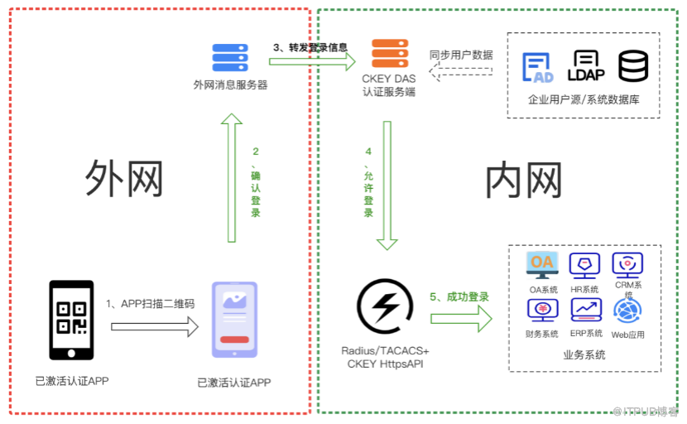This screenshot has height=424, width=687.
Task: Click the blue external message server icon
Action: tap(230, 58)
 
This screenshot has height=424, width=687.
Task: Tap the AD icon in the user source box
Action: tap(538, 67)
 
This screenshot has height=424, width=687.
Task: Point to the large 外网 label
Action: tap(124, 178)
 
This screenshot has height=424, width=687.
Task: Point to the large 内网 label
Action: tap(523, 180)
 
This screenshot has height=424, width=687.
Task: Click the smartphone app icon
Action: tap(234, 320)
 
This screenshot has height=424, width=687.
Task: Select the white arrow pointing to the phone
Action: tap(155, 326)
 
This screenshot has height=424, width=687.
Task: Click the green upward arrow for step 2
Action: tap(233, 178)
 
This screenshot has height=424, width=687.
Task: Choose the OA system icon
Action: tap(542, 264)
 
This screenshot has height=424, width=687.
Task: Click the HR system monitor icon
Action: tap(585, 265)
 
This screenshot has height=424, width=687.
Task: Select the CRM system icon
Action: tap(627, 264)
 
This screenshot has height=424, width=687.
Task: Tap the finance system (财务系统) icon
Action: tap(542, 311)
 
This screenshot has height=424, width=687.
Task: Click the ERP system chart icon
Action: tap(585, 310)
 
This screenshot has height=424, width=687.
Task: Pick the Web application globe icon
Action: tap(627, 311)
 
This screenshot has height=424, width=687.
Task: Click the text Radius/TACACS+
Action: tap(385, 350)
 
